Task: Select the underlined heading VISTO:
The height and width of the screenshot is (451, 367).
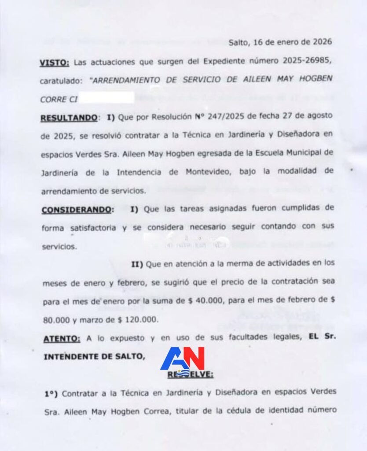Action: tap(54, 63)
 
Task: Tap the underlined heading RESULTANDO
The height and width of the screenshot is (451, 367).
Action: tap(69, 118)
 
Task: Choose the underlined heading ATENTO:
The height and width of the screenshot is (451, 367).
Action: tap(62, 339)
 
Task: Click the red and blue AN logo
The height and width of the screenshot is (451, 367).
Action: tap(183, 359)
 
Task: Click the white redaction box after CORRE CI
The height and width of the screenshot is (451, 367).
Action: tap(107, 98)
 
